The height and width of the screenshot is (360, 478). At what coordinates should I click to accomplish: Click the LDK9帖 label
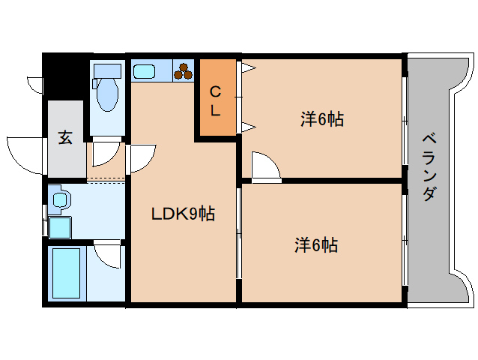183,214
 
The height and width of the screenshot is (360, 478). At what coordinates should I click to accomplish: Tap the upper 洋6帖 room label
322,118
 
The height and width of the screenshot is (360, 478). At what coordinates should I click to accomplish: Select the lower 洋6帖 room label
315,244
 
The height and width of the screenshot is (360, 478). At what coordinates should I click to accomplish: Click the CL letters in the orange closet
215,101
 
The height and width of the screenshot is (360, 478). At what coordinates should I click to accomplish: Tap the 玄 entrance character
66,138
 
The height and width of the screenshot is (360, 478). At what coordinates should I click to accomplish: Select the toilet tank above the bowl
108,71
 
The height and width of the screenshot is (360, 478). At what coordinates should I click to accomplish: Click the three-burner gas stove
183,71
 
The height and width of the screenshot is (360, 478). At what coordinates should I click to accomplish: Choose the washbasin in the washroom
60,199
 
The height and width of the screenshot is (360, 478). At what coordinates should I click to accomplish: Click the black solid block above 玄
66,76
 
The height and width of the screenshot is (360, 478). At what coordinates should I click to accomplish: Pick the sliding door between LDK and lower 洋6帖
239,232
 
